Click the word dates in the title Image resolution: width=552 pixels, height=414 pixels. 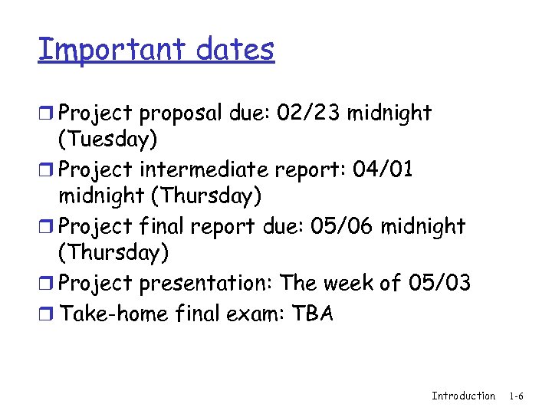[235, 49]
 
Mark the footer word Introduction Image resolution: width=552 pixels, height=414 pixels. [463, 396]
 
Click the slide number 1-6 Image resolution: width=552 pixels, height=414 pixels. [515, 396]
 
